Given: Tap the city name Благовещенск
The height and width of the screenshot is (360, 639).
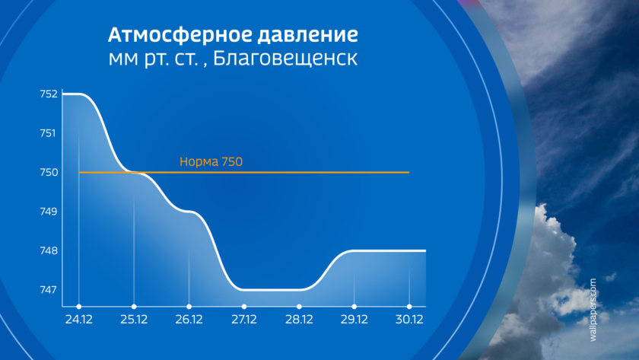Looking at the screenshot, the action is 285,59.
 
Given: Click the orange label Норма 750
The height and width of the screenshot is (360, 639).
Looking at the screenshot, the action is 211,161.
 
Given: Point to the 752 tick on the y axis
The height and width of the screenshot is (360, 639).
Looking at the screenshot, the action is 49,94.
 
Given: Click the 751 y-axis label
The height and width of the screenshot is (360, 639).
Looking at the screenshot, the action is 48,133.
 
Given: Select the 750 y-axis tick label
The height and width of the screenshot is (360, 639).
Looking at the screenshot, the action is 49,172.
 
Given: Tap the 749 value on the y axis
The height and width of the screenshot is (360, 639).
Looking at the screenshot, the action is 49,211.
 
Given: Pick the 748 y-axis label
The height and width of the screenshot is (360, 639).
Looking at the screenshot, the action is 49,250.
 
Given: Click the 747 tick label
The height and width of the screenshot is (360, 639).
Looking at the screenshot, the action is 48,289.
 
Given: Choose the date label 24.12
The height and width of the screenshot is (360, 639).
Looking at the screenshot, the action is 78,319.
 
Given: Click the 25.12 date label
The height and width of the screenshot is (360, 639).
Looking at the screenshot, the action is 134,319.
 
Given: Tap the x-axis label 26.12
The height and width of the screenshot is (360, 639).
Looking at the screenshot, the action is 189,319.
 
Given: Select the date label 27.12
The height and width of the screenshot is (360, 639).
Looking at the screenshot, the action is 244,319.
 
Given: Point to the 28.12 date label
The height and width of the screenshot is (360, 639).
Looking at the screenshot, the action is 299,319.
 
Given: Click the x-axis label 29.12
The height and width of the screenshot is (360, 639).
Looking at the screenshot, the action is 354,319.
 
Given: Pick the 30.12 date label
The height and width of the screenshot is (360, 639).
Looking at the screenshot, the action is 409,319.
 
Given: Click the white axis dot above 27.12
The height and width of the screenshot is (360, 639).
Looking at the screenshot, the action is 244,307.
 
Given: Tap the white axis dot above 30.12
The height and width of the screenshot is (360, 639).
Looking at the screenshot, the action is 409,307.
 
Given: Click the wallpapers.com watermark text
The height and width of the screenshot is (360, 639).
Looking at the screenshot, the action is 593,310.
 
